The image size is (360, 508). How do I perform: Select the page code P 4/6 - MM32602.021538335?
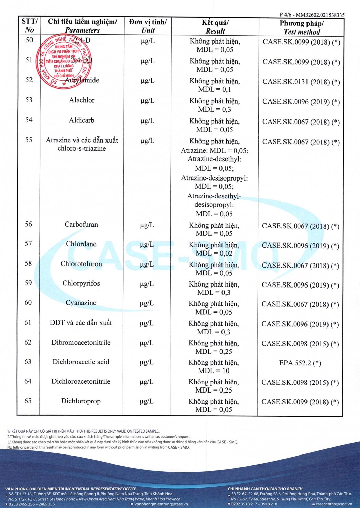312,15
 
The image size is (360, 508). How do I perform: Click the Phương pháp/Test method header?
301,27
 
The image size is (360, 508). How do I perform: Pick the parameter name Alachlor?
82,100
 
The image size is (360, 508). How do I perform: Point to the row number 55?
29,140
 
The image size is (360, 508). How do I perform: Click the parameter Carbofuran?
81,224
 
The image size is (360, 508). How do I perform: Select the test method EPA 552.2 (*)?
300,363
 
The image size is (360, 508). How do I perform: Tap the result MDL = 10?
214,371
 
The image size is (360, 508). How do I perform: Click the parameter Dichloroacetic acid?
81,362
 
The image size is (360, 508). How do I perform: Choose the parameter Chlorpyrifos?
81,283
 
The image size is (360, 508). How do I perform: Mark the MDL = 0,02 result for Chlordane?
214,253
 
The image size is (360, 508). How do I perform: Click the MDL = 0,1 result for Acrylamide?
214,89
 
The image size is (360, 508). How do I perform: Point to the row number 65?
28,401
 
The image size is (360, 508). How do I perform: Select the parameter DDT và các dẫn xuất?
81,323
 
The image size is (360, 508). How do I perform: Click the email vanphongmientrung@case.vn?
161,504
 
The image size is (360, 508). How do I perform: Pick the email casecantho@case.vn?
334,504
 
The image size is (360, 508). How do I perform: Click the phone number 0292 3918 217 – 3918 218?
254,504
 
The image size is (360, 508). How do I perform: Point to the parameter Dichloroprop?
81,401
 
